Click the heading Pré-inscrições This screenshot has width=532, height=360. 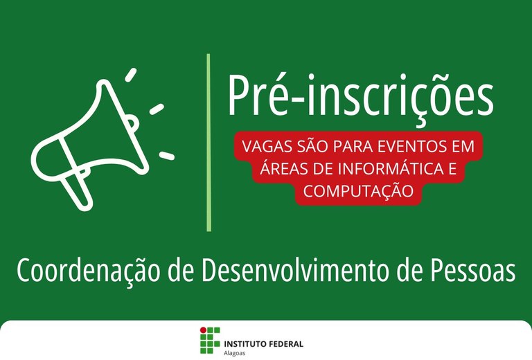click(x=361, y=98)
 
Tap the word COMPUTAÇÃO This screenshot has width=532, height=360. click(x=358, y=191)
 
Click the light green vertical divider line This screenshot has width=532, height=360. click(x=209, y=143)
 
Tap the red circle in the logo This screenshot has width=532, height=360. click(x=203, y=330)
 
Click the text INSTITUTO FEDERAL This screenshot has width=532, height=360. click(x=264, y=344)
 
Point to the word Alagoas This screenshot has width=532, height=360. click(x=234, y=353)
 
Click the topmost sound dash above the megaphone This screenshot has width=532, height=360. click(x=131, y=75)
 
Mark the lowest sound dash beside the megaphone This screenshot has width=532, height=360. click(x=167, y=156)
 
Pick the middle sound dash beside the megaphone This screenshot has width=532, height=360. click(x=157, y=109)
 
